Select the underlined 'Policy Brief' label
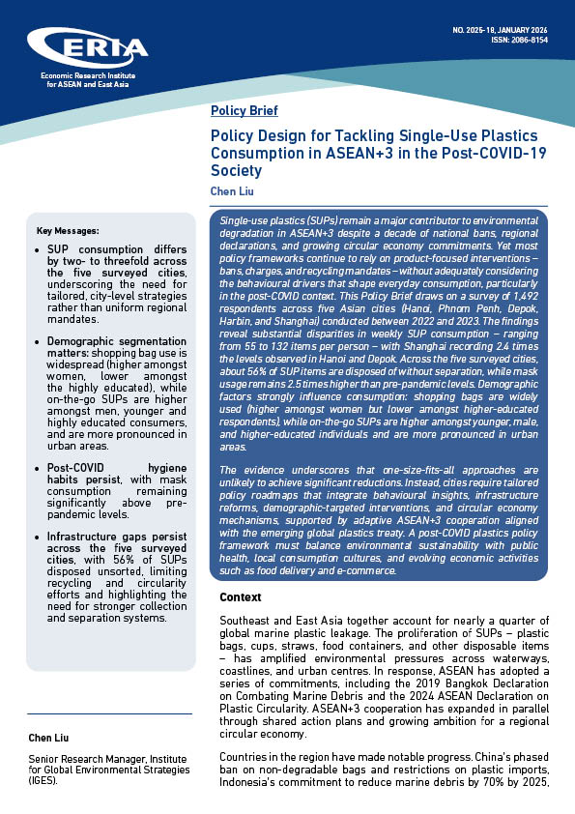coord(244,110)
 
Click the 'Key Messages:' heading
coord(67,231)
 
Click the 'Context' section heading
coord(241,597)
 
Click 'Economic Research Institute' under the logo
coord(87,76)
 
